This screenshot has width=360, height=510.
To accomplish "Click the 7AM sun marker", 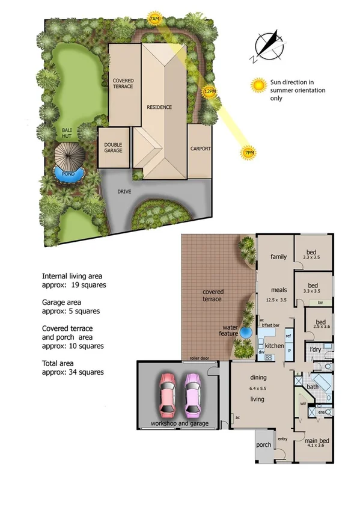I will point(154,20).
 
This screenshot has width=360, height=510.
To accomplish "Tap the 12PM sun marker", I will point(209,91).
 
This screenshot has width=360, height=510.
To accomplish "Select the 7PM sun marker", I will point(249,154).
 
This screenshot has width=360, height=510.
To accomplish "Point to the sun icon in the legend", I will point(259,85).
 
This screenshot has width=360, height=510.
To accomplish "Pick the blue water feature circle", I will point(246,332).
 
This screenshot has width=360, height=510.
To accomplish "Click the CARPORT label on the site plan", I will point(200,149).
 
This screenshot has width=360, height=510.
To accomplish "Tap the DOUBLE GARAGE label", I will point(113,147).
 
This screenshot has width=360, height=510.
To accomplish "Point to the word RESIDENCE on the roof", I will point(159,107).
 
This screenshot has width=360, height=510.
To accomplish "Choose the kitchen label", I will point(274,346).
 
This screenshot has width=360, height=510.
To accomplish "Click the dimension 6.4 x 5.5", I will point(257,389).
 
